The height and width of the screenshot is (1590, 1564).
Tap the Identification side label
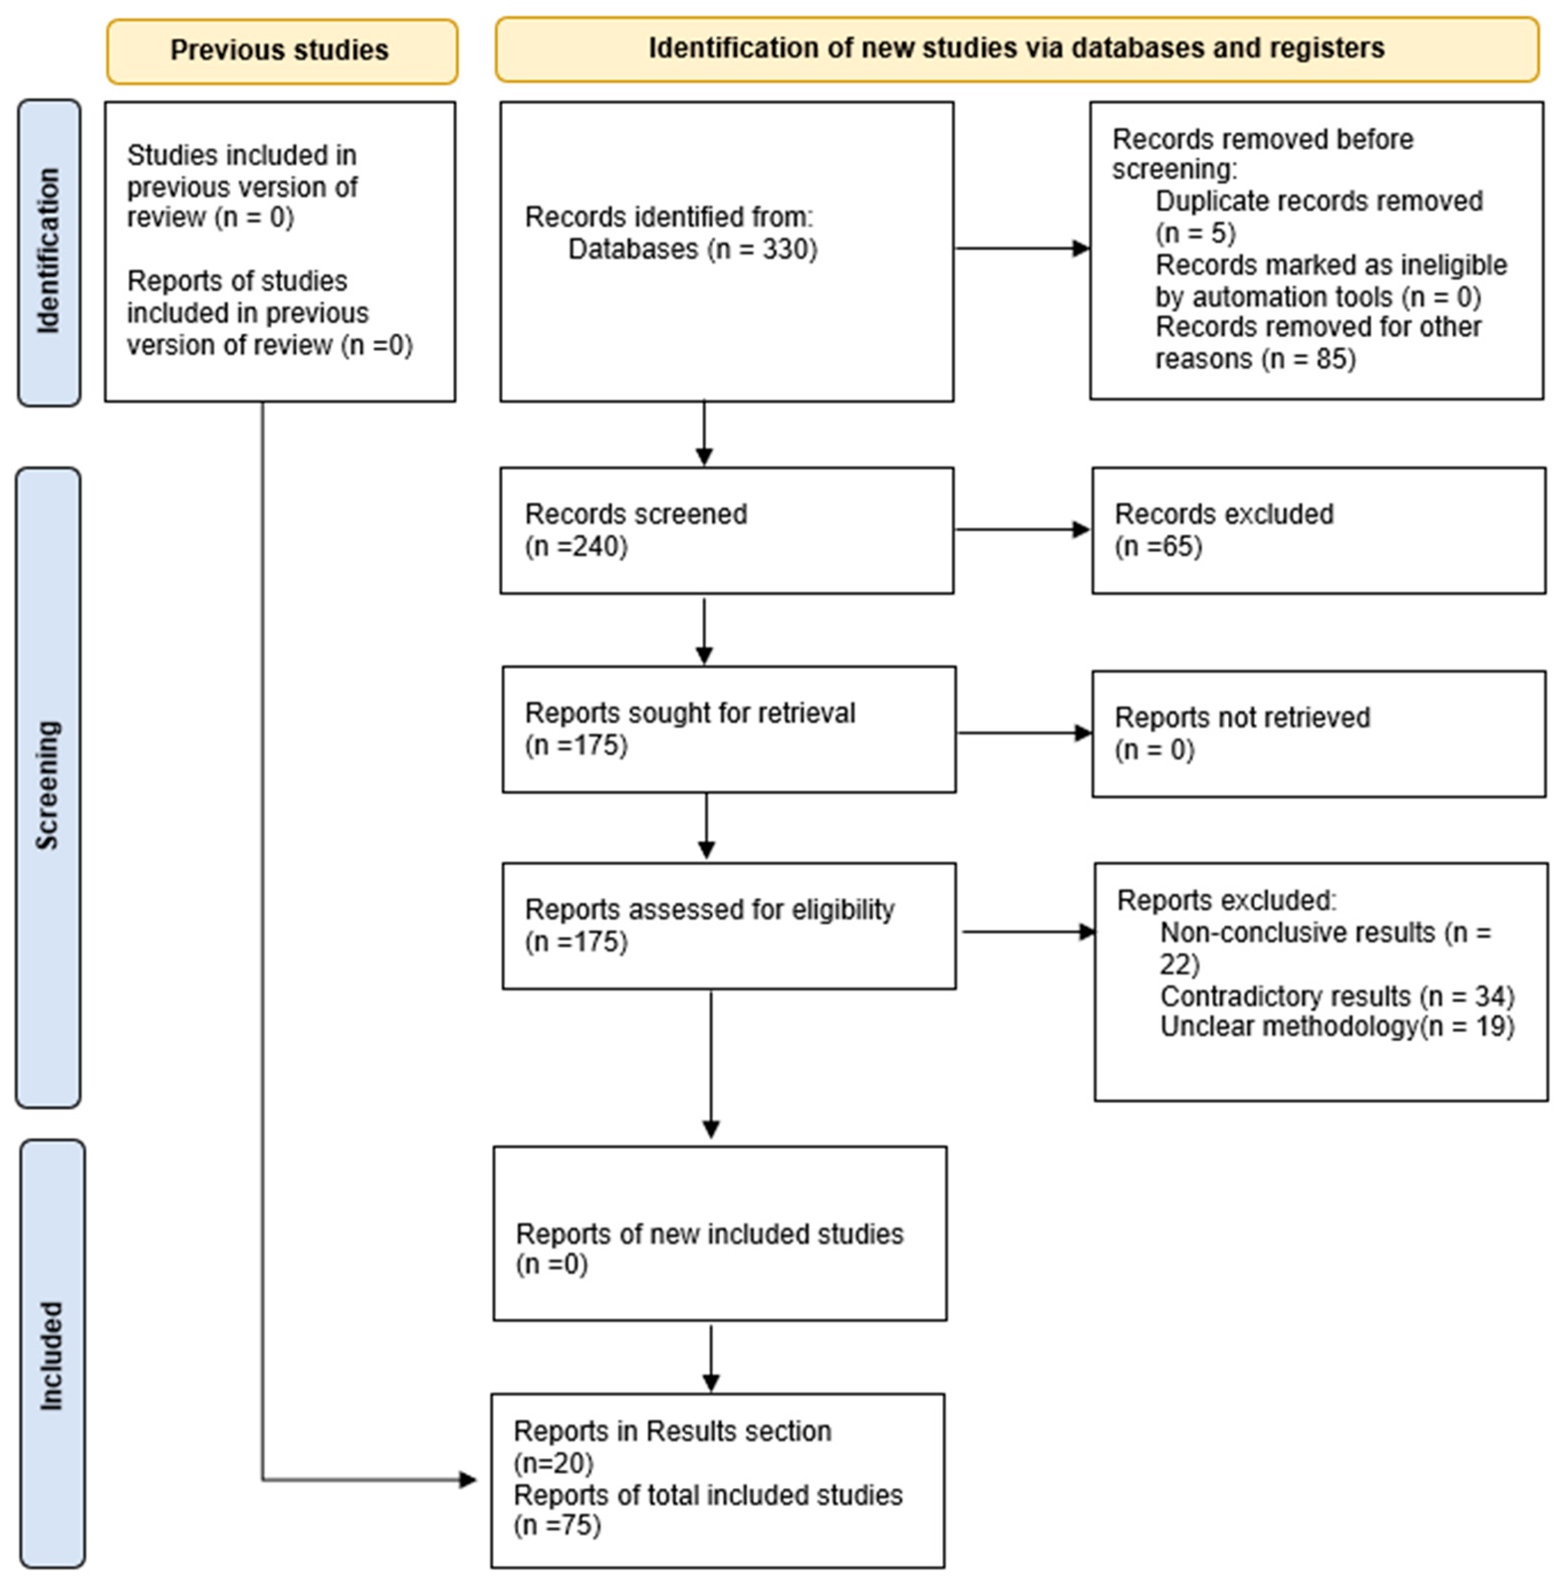pos(49,251)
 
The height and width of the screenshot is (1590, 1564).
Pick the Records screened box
pos(726,530)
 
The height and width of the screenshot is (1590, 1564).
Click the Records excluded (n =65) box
pos(1318,530)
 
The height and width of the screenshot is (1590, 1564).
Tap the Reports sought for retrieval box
pos(728,729)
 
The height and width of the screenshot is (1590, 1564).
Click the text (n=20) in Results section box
pos(553,1463)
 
